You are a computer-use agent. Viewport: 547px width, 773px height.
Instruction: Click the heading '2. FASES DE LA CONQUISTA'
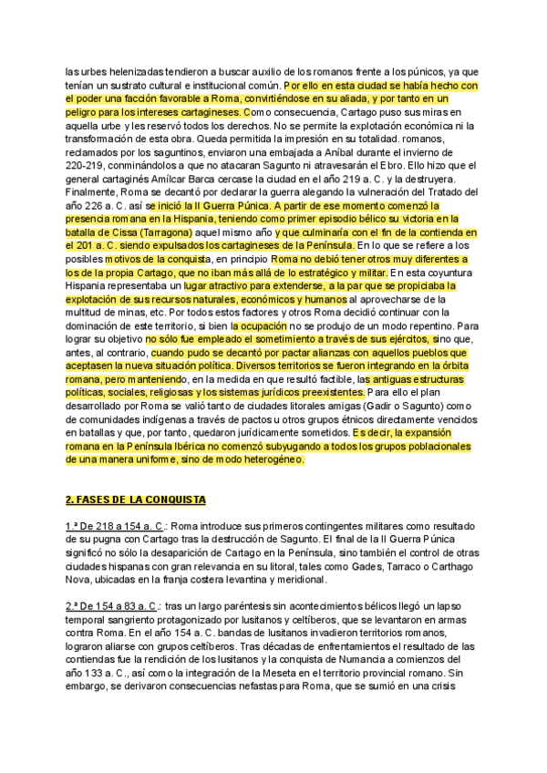point(136,500)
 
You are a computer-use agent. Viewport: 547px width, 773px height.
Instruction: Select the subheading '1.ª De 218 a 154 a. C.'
point(115,527)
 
